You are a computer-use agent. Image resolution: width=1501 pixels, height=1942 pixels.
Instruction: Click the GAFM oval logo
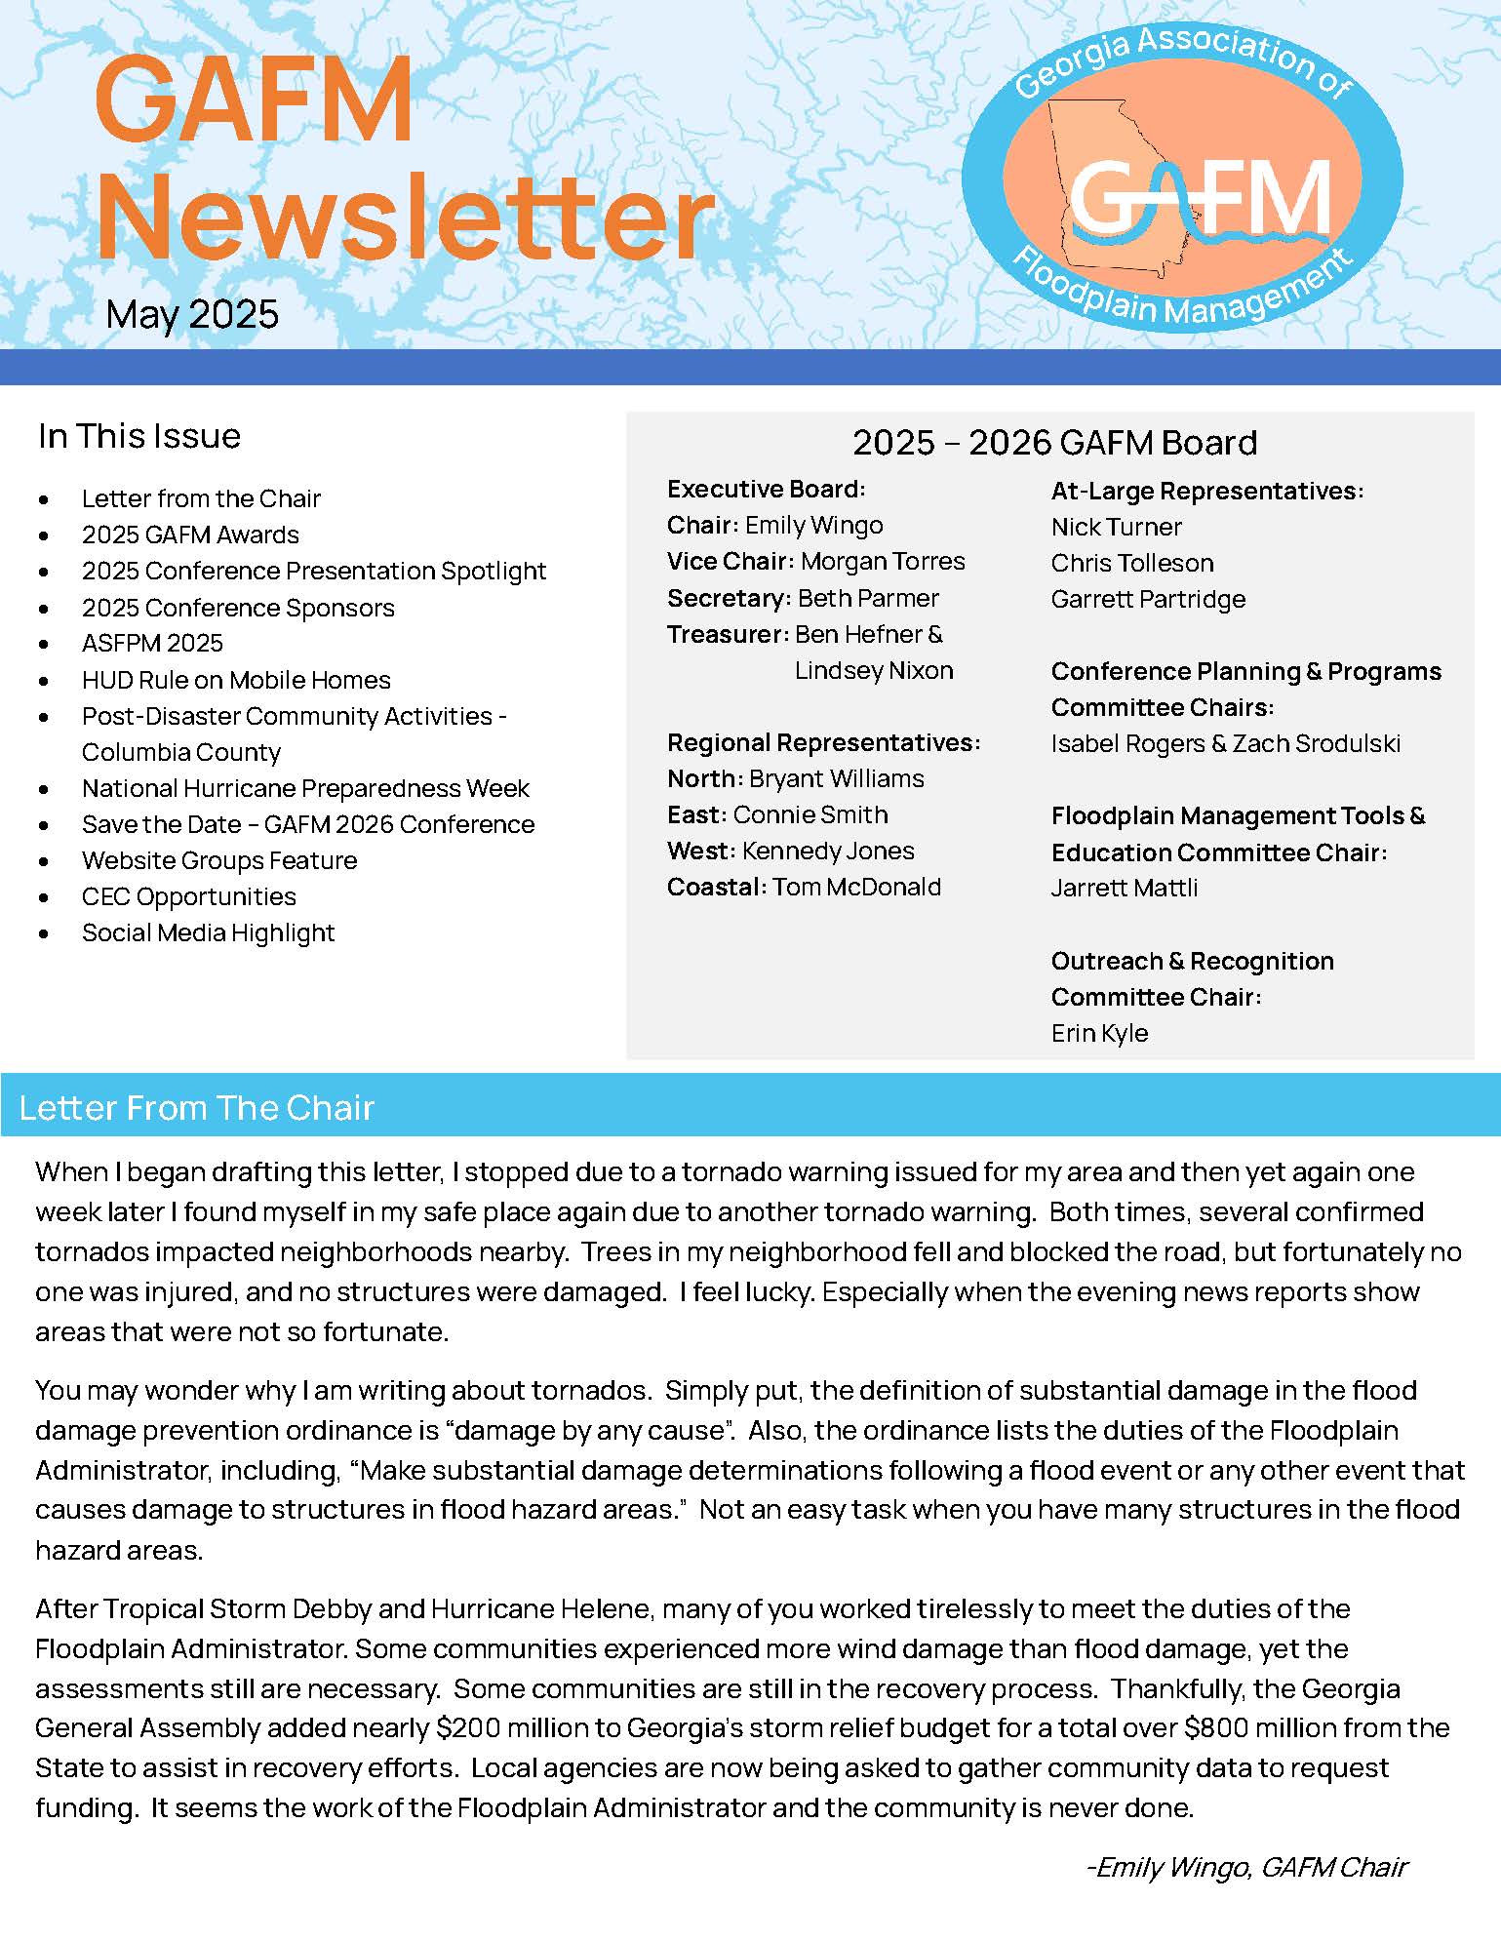pyautogui.click(x=1182, y=179)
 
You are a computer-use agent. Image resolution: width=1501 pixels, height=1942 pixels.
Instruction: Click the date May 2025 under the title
pyautogui.click(x=192, y=314)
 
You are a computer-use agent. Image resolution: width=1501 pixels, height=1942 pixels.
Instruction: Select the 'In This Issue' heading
pyautogui.click(x=139, y=436)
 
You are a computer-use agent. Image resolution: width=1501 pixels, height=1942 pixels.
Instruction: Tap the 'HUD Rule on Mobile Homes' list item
pyautogui.click(x=236, y=680)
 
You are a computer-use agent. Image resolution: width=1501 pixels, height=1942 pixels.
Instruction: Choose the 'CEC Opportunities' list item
pyautogui.click(x=188, y=896)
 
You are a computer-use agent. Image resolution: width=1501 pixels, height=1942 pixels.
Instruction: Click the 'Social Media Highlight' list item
pyautogui.click(x=208, y=932)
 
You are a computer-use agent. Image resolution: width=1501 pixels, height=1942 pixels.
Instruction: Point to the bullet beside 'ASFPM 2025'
pyautogui.click(x=44, y=644)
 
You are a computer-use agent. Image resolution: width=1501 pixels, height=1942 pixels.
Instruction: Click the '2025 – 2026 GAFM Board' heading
pyautogui.click(x=1054, y=443)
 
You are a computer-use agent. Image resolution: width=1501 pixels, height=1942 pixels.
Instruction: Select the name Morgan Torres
pyautogui.click(x=883, y=562)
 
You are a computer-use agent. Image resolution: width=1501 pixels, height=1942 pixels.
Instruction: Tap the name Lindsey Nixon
pyautogui.click(x=874, y=671)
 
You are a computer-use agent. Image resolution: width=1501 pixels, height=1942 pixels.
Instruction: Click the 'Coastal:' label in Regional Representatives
pyautogui.click(x=716, y=888)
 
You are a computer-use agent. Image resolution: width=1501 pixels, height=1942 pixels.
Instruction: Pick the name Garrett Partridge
pyautogui.click(x=1148, y=599)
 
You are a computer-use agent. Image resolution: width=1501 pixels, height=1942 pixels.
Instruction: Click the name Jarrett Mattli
pyautogui.click(x=1124, y=889)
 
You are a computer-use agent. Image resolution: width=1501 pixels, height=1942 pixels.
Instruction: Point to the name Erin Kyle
pyautogui.click(x=1099, y=1033)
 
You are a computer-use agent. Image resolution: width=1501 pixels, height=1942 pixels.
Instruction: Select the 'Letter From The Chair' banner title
pyautogui.click(x=196, y=1108)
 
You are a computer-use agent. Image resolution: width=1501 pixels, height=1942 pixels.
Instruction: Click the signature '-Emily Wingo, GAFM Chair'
pyautogui.click(x=1245, y=1867)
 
